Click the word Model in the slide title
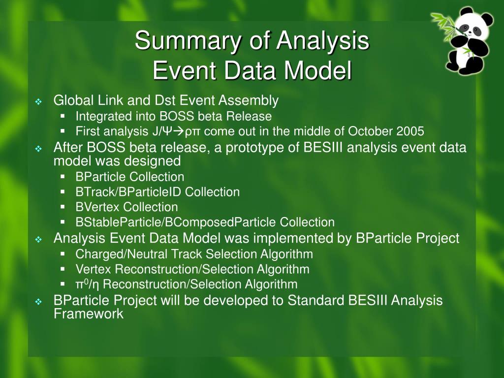[318, 70]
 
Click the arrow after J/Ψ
[179, 131]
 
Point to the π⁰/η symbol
[88, 284]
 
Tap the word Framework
[89, 314]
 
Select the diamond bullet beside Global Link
[38, 102]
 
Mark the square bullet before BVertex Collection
[63, 207]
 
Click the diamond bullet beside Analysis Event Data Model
[38, 240]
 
